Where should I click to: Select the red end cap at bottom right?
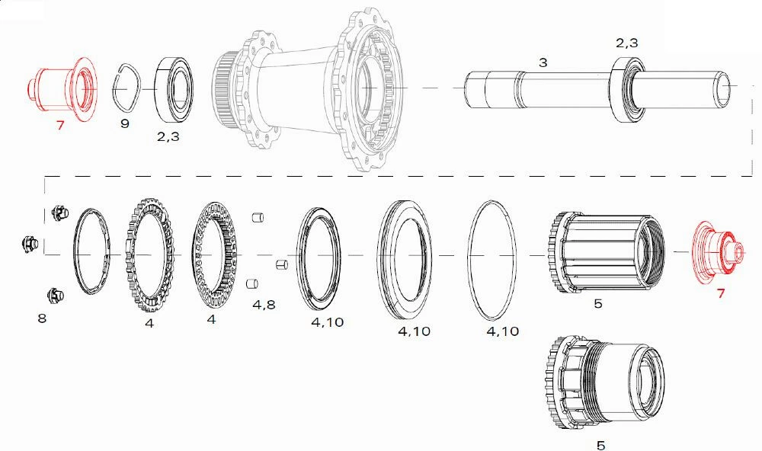[x=719, y=251]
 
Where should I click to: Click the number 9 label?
[x=125, y=123]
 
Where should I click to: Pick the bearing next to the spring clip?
[x=174, y=89]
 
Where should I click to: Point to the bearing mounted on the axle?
[x=628, y=89]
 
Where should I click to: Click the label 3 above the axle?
[x=543, y=62]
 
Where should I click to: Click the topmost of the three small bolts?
[x=60, y=213]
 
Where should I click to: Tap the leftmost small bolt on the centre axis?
[x=30, y=243]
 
